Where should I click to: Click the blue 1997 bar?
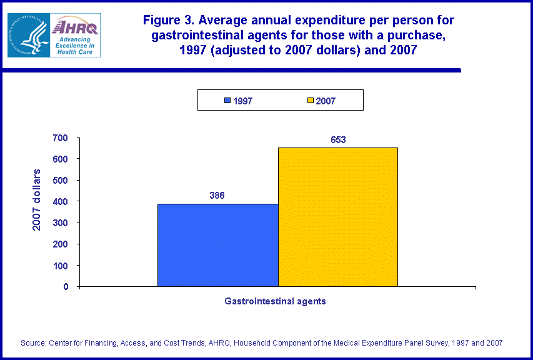[217, 245]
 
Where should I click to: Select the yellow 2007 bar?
[337, 217]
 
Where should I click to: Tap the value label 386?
[217, 195]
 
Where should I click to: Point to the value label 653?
[337, 140]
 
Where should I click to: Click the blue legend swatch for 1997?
[228, 101]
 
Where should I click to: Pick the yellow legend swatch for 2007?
[311, 101]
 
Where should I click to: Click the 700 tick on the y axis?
[64, 137]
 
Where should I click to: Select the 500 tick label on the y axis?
[64, 180]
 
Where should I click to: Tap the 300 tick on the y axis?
[64, 222]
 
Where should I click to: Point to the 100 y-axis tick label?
[64, 265]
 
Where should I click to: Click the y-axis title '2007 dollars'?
[37, 199]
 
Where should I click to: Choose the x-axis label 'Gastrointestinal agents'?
[275, 301]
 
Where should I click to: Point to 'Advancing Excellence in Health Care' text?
[74, 45]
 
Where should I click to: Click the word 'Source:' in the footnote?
[34, 342]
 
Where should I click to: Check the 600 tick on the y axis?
[64, 159]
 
